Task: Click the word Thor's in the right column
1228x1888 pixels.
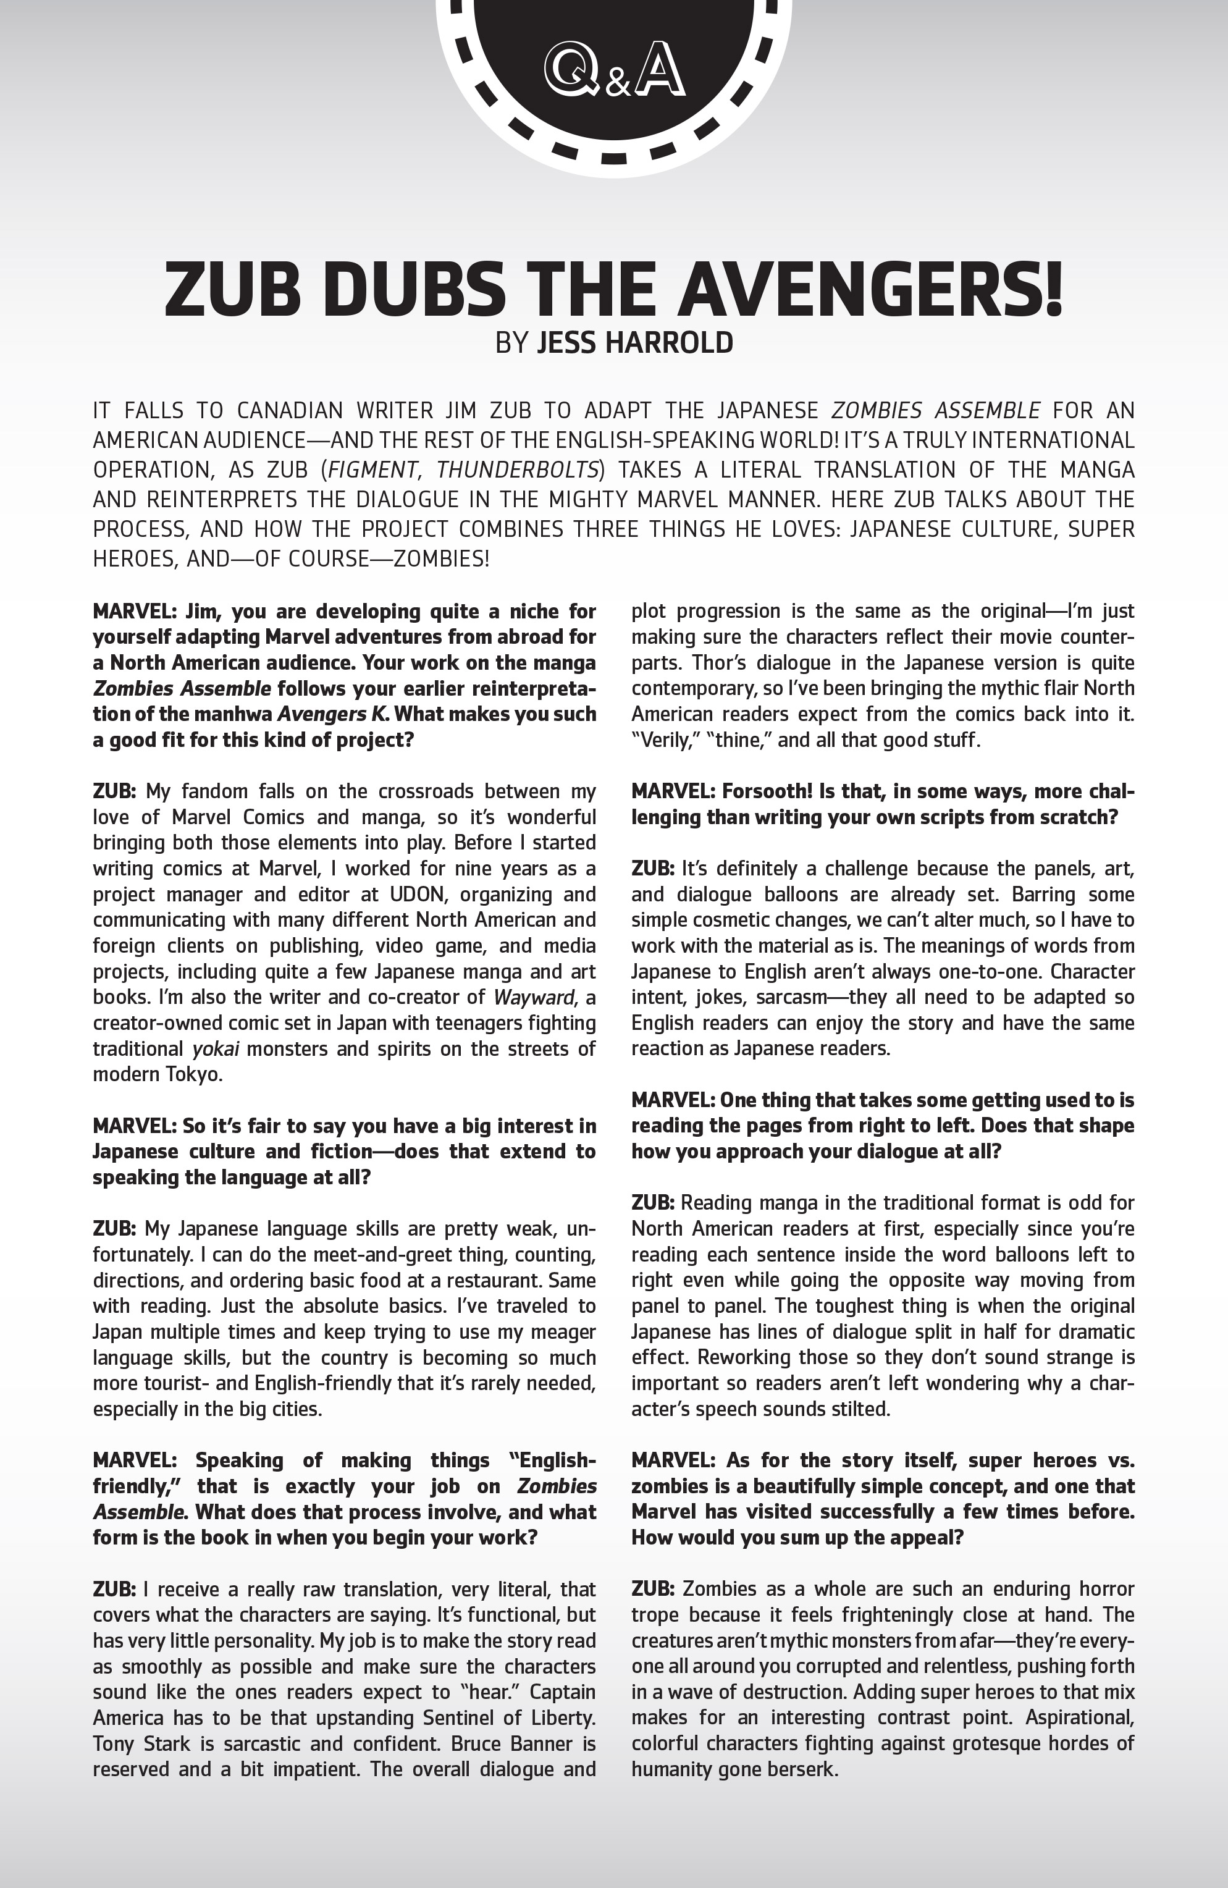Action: click(x=659, y=662)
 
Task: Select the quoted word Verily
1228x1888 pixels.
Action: click(x=662, y=740)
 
